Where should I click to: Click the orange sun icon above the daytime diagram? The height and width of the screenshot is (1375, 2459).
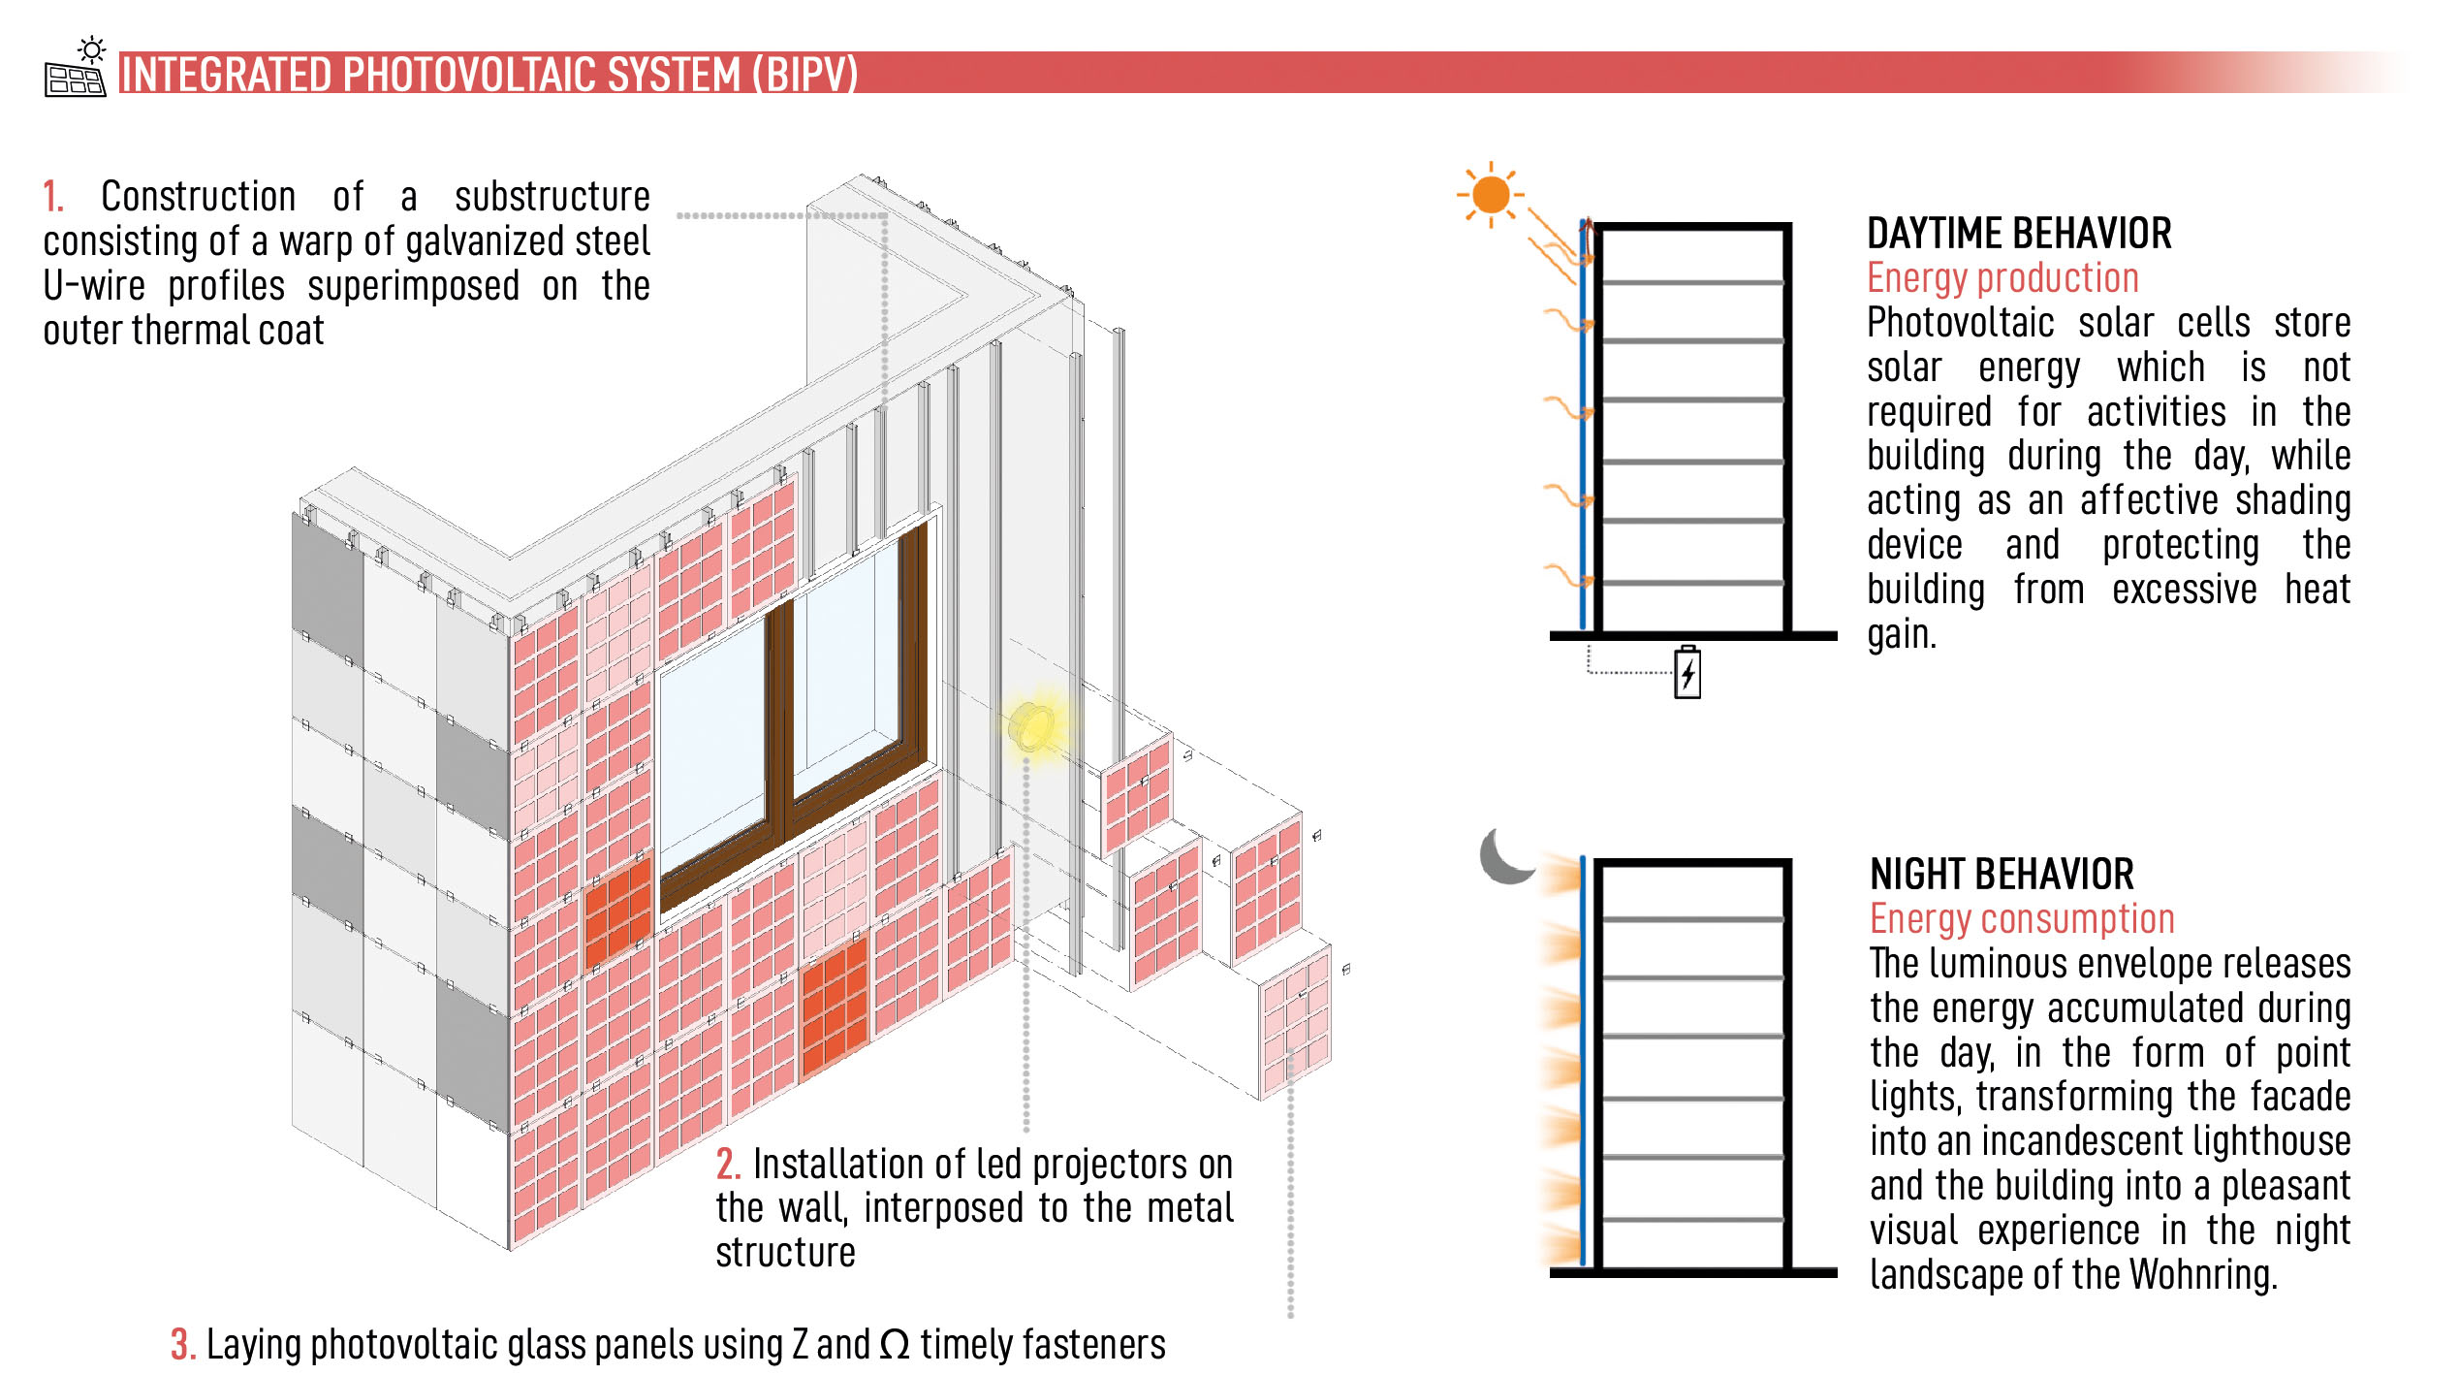(1490, 195)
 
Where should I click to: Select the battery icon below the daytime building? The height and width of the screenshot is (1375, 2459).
(1687, 672)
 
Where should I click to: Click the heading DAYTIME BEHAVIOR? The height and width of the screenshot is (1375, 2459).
(2018, 234)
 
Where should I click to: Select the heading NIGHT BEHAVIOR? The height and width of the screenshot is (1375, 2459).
(2002, 875)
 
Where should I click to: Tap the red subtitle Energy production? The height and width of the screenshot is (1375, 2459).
(2002, 278)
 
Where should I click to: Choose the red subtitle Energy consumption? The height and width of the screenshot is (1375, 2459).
(2022, 919)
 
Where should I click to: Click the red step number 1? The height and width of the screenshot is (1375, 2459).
(52, 197)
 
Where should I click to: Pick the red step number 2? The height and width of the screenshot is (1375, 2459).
(728, 1164)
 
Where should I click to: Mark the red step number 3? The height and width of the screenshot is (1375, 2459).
(182, 1345)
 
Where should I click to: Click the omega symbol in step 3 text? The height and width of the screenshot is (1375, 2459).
(895, 1345)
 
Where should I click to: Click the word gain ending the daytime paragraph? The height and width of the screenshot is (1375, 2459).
(1900, 635)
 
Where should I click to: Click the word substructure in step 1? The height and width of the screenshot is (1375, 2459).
(552, 197)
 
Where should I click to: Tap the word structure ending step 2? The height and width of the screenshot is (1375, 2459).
(785, 1253)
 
